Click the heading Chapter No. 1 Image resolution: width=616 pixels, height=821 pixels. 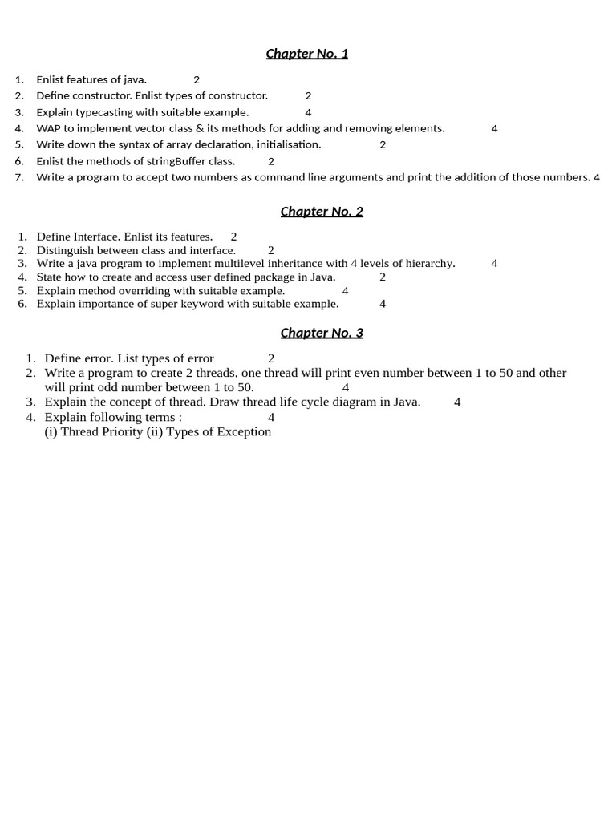click(307, 54)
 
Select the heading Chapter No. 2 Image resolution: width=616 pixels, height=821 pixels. click(322, 212)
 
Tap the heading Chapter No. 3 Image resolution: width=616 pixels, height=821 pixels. click(322, 333)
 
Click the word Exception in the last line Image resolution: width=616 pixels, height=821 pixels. click(243, 431)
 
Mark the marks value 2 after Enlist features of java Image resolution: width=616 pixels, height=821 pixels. click(197, 79)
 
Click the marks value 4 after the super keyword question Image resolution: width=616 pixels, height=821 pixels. click(383, 304)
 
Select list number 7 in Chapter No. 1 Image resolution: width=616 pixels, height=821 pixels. click(19, 177)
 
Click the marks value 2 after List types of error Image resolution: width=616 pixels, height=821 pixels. click(271, 358)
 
